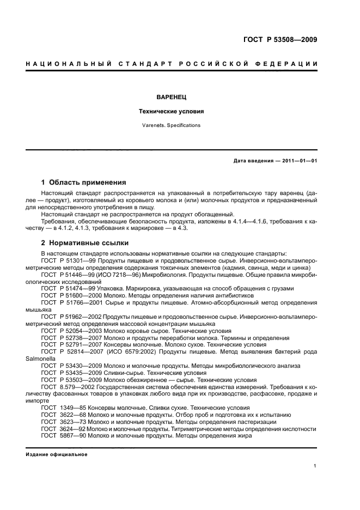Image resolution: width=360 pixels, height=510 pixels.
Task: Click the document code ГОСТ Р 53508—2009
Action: point(279,40)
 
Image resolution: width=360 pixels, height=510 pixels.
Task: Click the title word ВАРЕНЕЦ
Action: point(172,96)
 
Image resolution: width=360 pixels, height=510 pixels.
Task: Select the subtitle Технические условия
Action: point(172,111)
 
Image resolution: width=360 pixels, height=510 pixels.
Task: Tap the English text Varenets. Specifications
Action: point(172,125)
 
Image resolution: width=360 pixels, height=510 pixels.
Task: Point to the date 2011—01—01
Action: point(297,161)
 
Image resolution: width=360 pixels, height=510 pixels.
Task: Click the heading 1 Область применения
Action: point(84,182)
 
